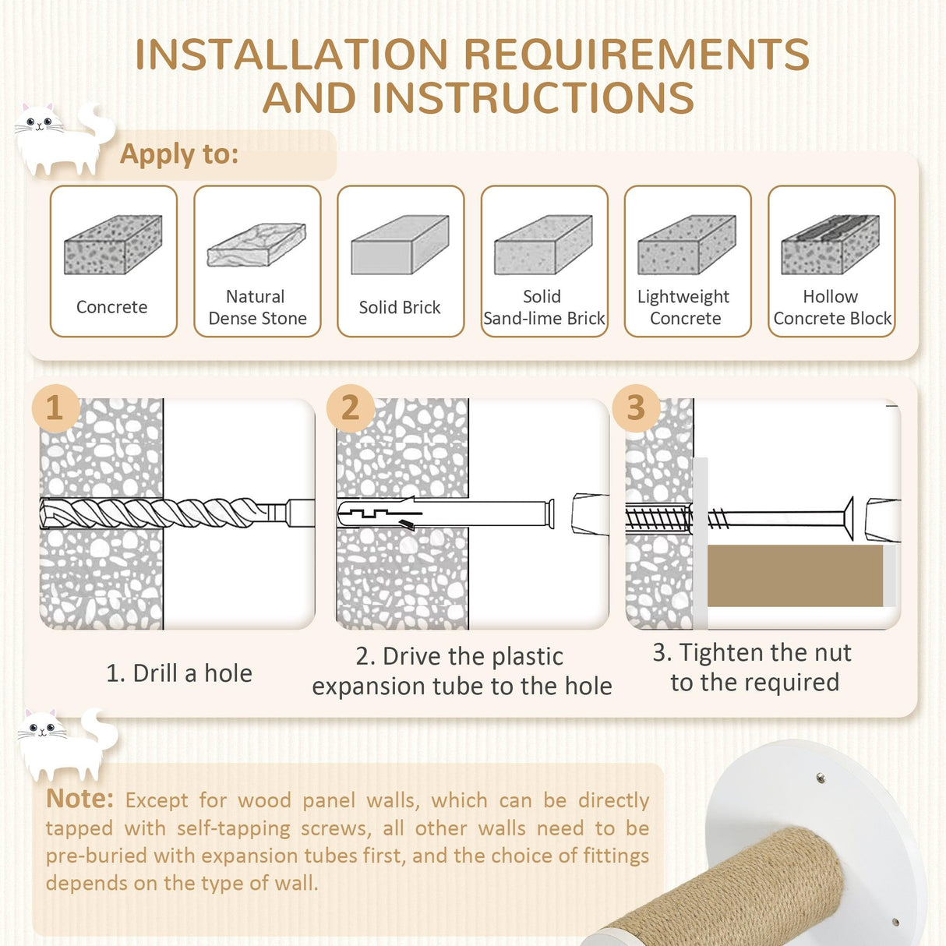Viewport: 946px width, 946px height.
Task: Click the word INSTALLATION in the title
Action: [x=291, y=54]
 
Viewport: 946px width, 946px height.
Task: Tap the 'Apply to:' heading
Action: [x=179, y=154]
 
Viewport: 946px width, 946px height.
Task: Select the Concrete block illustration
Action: [x=113, y=245]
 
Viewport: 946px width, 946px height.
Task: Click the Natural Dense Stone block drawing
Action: [x=256, y=245]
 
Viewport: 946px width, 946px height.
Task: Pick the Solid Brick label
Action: [x=400, y=307]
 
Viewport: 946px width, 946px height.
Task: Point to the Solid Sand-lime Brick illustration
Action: [x=543, y=245]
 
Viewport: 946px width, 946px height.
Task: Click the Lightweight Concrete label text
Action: [x=684, y=307]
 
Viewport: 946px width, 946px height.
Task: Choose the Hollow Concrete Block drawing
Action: [x=830, y=245]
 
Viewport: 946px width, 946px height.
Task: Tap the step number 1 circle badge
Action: [x=55, y=408]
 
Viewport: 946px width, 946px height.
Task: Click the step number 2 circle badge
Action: [x=351, y=408]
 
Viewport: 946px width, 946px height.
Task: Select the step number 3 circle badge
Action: [x=636, y=408]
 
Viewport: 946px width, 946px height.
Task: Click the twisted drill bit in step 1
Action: [x=162, y=513]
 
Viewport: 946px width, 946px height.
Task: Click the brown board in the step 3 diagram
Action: [x=796, y=575]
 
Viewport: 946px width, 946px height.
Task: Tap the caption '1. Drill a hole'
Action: [x=179, y=673]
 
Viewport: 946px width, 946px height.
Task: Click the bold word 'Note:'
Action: [x=79, y=798]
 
